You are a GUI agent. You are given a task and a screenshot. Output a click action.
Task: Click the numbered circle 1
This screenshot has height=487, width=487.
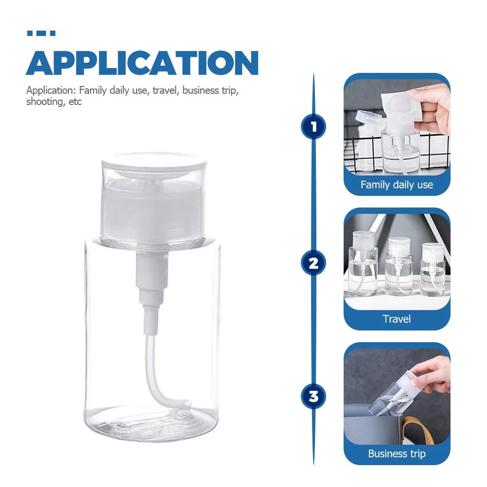(313, 127)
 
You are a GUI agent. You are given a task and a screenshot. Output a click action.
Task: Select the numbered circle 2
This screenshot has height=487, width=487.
(313, 263)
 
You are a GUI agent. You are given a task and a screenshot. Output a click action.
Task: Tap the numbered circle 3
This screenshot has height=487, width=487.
(313, 396)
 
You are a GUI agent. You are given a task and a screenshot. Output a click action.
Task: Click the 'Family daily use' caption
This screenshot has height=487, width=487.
(397, 185)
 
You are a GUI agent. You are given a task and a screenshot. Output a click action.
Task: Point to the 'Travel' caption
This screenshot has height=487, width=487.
(397, 319)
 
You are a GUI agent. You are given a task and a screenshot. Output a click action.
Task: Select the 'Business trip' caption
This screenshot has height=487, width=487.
(397, 454)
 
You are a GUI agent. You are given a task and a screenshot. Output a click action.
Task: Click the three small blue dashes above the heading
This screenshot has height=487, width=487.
(41, 34)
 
